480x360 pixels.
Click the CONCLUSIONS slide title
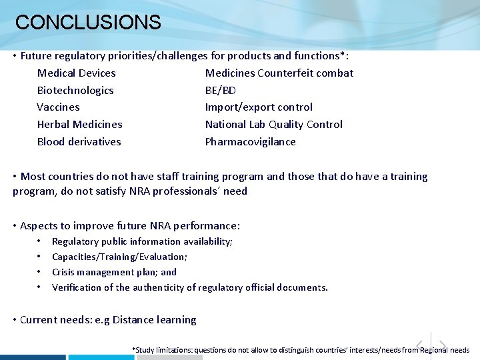pyautogui.click(x=88, y=23)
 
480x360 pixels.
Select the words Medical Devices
pyautogui.click(x=76, y=73)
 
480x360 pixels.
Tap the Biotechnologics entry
pyautogui.click(x=75, y=91)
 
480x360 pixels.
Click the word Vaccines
pyautogui.click(x=58, y=107)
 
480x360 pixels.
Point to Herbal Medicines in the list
pyautogui.click(x=79, y=125)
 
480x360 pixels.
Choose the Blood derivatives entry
pyautogui.click(x=79, y=142)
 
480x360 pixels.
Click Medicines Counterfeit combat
pyautogui.click(x=279, y=73)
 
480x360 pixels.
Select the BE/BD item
pyautogui.click(x=221, y=91)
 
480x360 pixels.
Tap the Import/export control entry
pyautogui.click(x=259, y=107)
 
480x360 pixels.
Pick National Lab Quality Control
pyautogui.click(x=274, y=125)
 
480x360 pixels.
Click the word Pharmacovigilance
pyautogui.click(x=250, y=142)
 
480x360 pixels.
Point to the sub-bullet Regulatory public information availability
pyautogui.click(x=142, y=241)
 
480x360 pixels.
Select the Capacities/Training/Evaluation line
pyautogui.click(x=119, y=257)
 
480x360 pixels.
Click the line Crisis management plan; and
pyautogui.click(x=114, y=272)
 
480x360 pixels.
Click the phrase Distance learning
pyautogui.click(x=155, y=320)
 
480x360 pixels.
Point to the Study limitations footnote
pyautogui.click(x=301, y=350)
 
